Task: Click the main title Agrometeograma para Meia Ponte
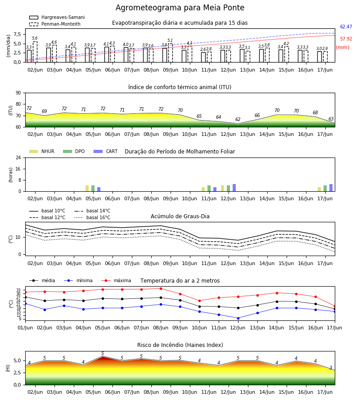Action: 180,8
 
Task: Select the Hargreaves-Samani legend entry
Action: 57,17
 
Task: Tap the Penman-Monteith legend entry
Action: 55,24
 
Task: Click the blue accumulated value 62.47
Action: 346,27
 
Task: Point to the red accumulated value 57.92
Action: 346,39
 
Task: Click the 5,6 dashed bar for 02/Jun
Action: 35,52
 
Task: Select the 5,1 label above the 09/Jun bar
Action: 170,40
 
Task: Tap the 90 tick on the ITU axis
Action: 18,93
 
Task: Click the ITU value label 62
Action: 238,119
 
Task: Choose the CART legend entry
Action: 106,151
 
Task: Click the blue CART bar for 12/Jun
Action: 234,188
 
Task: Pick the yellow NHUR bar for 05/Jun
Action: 87,188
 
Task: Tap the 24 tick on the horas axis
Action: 18,157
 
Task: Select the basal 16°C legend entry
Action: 92,217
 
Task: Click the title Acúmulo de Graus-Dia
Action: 180,216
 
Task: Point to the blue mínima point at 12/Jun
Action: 238,318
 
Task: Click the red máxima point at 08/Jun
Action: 161,288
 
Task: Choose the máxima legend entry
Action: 117,280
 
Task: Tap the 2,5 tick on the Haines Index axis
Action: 17,373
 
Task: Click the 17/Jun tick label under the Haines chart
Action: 325,392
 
